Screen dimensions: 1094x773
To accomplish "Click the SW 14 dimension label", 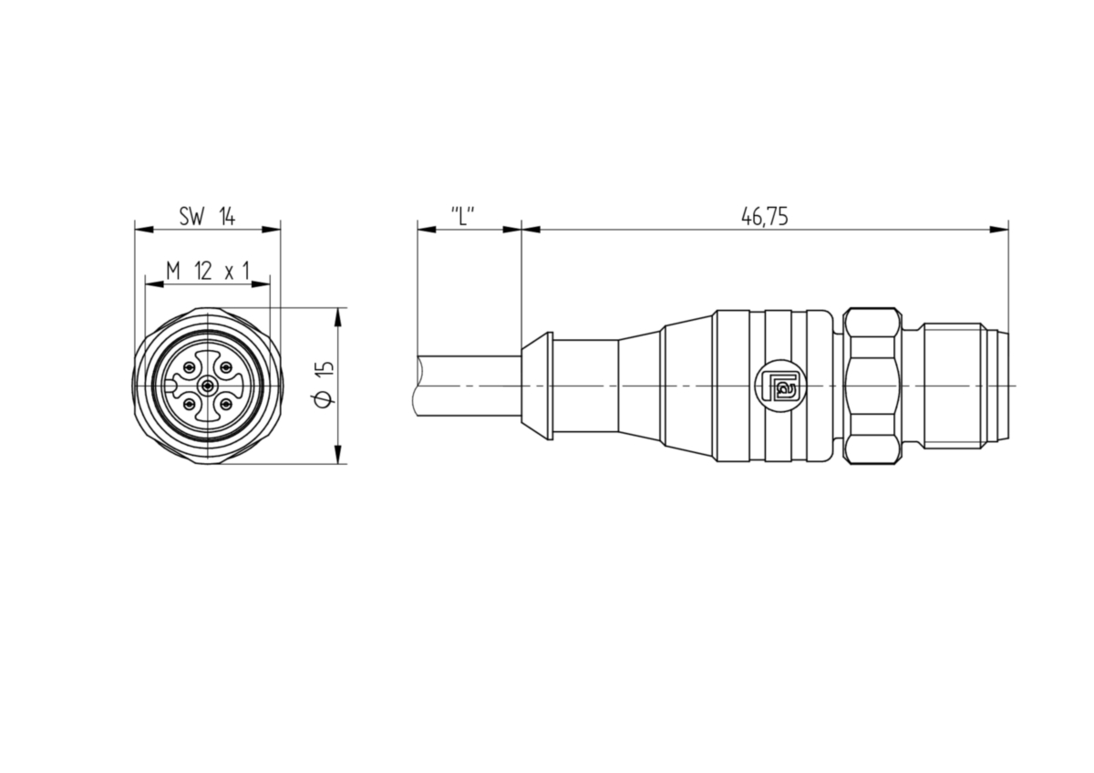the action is click(x=207, y=216).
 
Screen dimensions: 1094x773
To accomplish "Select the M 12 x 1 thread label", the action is click(x=208, y=271).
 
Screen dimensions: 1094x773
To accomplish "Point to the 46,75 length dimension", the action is click(x=764, y=216).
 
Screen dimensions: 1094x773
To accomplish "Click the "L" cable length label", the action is click(x=462, y=215).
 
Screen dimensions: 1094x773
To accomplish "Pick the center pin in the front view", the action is click(x=208, y=386).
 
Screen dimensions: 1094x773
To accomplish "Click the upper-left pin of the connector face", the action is click(x=190, y=367).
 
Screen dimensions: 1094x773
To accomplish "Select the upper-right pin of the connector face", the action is click(x=226, y=367).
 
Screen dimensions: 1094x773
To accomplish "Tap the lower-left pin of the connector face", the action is click(x=190, y=405).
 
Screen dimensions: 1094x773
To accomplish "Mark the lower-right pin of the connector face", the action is click(x=226, y=405).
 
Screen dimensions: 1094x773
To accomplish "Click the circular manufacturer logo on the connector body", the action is click(x=780, y=386).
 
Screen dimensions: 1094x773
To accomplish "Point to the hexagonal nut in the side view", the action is click(x=872, y=386).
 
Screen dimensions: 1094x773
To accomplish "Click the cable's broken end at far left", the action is click(x=415, y=386).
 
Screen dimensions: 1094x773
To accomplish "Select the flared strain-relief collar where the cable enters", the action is click(x=537, y=386).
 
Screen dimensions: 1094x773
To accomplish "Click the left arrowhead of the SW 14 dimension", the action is click(x=144, y=230).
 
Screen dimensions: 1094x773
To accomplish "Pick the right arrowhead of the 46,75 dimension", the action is click(x=999, y=230).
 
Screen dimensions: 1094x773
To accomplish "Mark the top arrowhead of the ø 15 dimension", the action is click(x=338, y=317).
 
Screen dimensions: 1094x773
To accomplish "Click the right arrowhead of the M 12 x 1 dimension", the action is click(x=261, y=283).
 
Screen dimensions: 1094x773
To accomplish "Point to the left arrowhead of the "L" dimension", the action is click(x=427, y=230).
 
